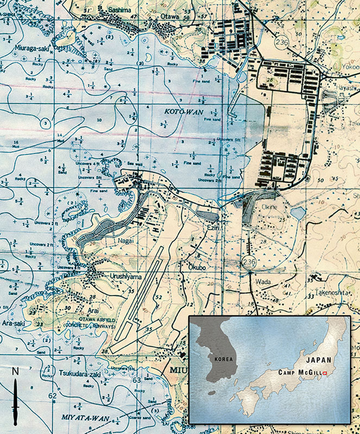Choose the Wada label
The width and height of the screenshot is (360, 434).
click(x=267, y=278)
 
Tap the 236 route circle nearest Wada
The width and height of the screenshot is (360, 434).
click(x=249, y=262)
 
